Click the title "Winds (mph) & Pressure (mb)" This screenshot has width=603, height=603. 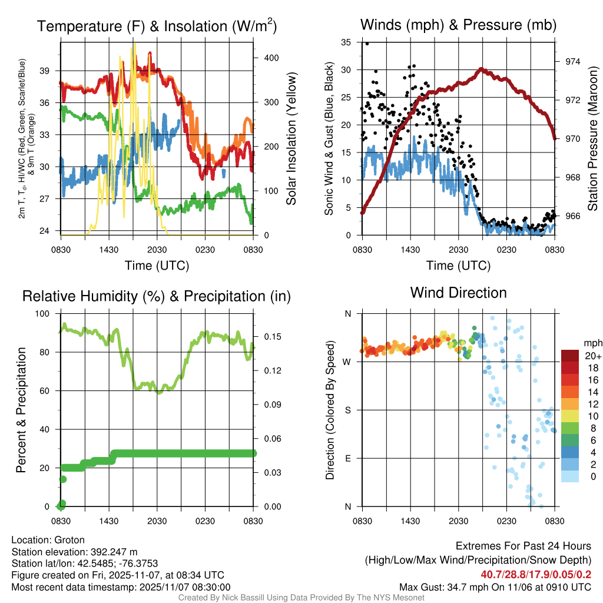tap(458, 25)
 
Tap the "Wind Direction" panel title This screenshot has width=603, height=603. tap(458, 293)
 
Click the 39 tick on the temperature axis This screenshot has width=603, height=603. tap(49, 70)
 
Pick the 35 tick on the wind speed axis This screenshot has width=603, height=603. tap(347, 42)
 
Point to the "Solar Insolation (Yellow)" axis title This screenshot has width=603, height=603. tap(291, 139)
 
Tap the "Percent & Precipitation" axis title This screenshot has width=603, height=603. tap(21, 410)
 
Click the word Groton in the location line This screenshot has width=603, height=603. tap(69, 540)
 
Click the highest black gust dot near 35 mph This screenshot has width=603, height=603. tap(367, 44)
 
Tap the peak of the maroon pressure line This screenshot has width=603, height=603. tap(481, 69)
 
